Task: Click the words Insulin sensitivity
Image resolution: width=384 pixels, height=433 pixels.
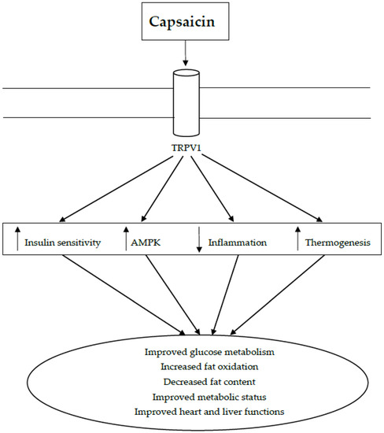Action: (63, 242)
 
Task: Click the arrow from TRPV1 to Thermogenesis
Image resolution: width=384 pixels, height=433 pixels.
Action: (259, 187)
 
